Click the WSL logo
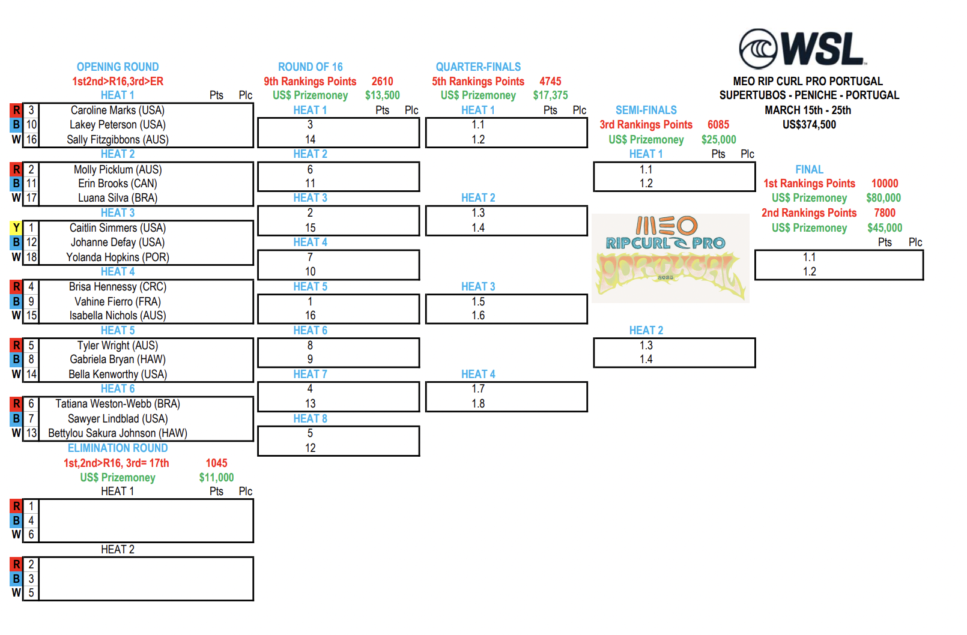[x=803, y=49]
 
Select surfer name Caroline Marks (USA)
[x=118, y=110]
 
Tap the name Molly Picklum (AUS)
[x=118, y=169]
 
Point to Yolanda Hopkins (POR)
[x=118, y=257]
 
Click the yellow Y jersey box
[x=16, y=228]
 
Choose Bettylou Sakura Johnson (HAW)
[x=118, y=433]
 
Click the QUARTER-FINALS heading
[x=478, y=67]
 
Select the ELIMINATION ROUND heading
[x=118, y=448]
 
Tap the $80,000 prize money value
[x=884, y=198]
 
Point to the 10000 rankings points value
[x=885, y=183]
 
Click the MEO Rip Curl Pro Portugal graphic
[x=670, y=258]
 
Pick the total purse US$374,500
[x=809, y=125]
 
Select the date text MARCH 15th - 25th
[x=808, y=110]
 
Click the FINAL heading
[x=809, y=169]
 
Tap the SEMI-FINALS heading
[x=646, y=110]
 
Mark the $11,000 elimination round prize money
[x=216, y=478]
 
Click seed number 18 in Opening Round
[x=31, y=257]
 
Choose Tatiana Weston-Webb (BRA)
[x=118, y=403]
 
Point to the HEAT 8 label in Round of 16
[x=310, y=418]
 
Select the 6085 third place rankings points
[x=718, y=125]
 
